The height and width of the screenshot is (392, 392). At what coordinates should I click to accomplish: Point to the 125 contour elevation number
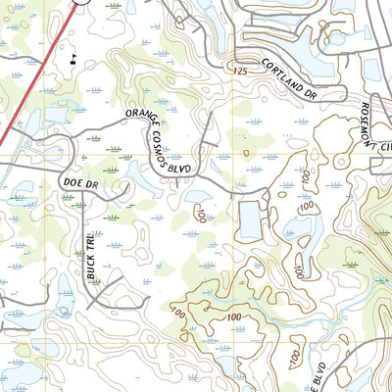pos(240,73)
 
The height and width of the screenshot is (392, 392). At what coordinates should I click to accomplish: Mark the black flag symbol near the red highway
pos(73,59)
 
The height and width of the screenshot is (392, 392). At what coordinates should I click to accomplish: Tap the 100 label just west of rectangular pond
pos(202,214)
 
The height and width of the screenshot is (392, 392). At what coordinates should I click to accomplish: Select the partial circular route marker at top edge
pos(85,3)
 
